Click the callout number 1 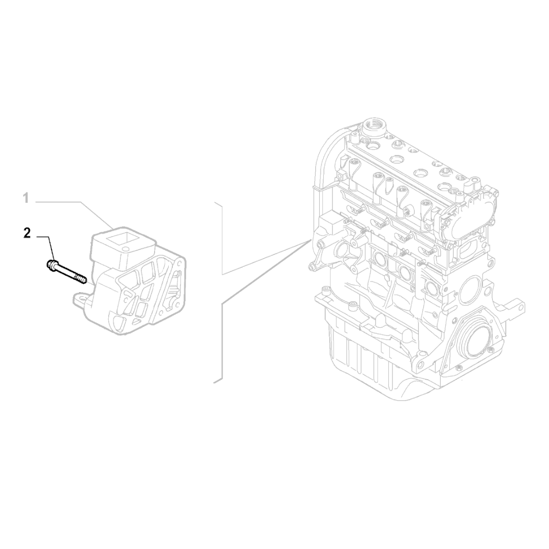tap(25, 198)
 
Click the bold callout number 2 tap(27, 233)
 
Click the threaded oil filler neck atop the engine tap(375, 128)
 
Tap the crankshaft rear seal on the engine tap(475, 336)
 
